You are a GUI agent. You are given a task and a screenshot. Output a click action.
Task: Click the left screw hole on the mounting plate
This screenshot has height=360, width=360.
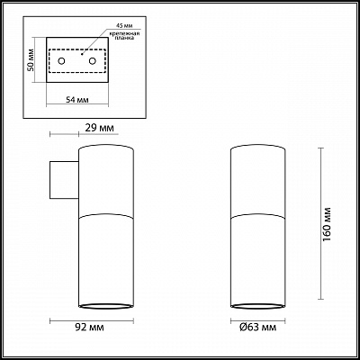tap(62, 60)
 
